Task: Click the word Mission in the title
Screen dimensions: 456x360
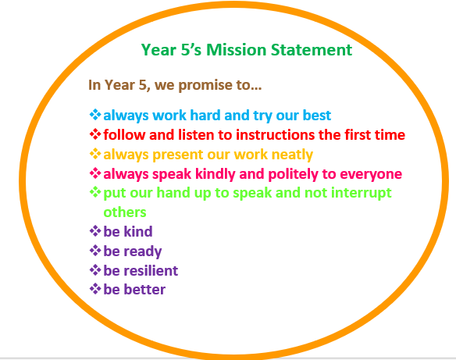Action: pos(236,50)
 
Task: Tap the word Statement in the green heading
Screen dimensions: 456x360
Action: pos(312,50)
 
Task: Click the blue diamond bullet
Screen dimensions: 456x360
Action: pos(95,115)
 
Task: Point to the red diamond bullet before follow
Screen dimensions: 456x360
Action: pos(95,134)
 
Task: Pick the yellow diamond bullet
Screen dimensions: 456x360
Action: pos(95,154)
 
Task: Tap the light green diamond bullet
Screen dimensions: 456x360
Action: pos(95,193)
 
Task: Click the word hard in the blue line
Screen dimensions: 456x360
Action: pos(205,115)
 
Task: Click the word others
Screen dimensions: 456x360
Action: pos(125,212)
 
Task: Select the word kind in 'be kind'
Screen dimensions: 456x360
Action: pos(138,232)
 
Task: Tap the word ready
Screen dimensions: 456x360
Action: pos(142,251)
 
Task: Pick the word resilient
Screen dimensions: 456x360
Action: pos(151,271)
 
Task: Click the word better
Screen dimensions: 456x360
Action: pos(144,290)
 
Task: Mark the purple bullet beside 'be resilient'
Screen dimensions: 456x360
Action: pos(95,270)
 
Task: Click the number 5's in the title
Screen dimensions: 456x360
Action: pos(191,50)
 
